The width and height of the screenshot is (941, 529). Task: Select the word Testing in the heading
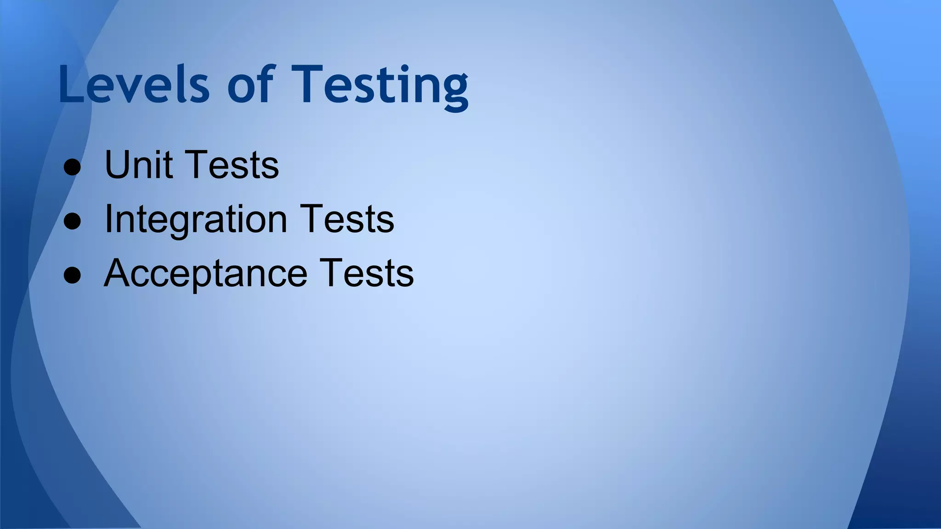[380, 85]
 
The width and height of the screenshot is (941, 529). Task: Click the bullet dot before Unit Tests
[73, 167]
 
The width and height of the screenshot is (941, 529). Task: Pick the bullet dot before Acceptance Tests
[73, 275]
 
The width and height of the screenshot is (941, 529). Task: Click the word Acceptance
[205, 274]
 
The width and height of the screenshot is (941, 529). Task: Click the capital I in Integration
[108, 219]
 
